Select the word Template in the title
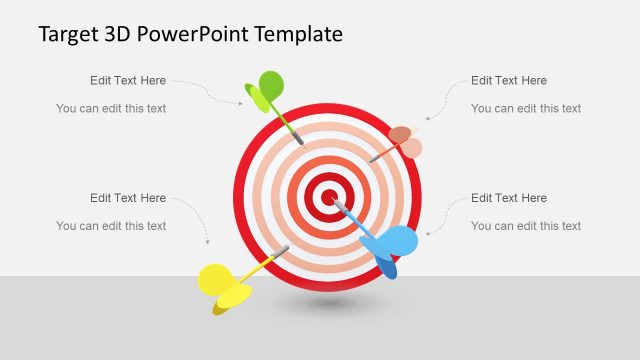tap(298, 34)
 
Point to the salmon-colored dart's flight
tap(404, 141)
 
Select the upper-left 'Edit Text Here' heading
tap(128, 81)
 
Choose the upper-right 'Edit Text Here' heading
tap(509, 81)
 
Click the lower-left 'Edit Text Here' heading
tap(128, 198)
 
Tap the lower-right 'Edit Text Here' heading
tap(509, 198)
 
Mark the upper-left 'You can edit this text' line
tap(111, 108)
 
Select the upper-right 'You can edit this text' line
tap(526, 108)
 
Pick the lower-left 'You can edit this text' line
tap(111, 226)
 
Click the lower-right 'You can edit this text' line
tap(526, 226)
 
